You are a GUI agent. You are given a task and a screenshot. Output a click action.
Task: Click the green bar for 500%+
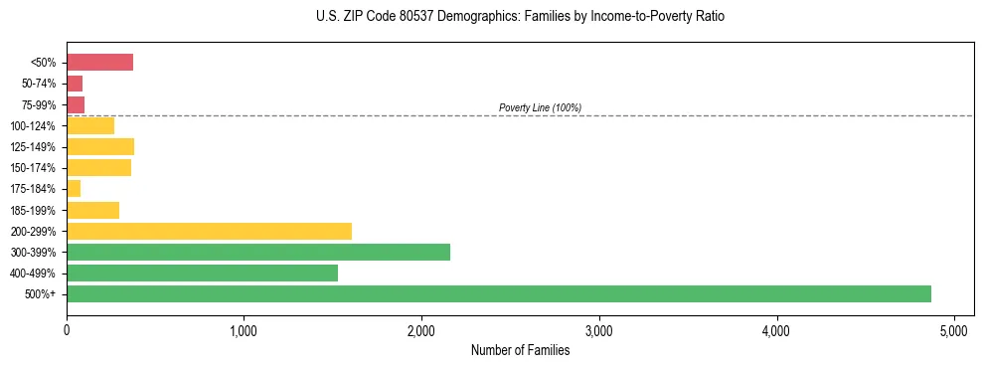498,293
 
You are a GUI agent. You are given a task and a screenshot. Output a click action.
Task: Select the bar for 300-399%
258,252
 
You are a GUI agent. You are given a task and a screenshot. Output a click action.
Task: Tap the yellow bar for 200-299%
209,231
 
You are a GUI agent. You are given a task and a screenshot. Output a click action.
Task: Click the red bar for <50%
99,63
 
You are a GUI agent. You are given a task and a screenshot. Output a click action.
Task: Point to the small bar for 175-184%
74,189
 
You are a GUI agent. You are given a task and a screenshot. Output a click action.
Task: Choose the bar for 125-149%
100,147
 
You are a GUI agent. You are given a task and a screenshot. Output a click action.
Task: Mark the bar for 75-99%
76,104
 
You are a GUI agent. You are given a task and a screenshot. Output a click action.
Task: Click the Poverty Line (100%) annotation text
540,107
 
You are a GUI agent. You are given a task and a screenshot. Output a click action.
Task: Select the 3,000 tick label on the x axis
598,331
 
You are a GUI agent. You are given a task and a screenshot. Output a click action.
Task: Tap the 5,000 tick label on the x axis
953,331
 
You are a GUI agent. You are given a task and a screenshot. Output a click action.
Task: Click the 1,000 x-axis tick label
244,331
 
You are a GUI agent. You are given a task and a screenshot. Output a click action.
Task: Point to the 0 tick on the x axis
67,331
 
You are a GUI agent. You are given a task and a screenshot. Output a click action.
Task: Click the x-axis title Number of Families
520,350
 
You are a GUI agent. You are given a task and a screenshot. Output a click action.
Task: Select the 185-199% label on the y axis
34,210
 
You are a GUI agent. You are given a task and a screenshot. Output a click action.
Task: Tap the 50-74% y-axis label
39,84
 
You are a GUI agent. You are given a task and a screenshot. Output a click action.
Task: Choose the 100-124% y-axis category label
34,126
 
